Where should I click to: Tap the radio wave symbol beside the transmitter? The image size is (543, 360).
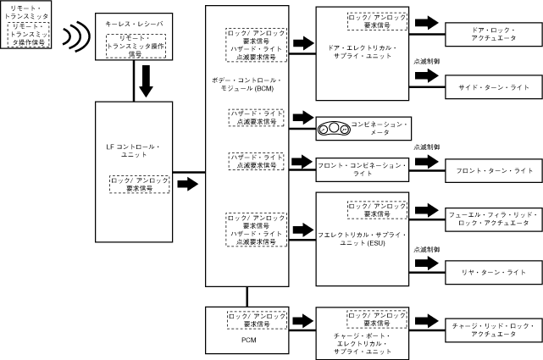(78, 36)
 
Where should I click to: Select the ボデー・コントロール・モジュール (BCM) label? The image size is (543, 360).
(247, 85)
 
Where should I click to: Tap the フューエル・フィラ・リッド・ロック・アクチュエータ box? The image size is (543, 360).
(490, 219)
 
